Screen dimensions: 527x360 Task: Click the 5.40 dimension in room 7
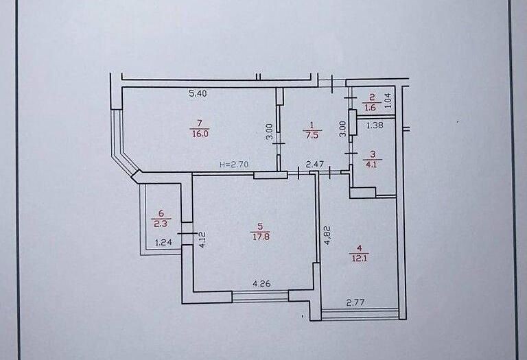pyautogui.click(x=198, y=93)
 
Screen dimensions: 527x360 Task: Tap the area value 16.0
pyautogui.click(x=200, y=134)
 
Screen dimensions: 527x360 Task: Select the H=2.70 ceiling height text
pyautogui.click(x=234, y=165)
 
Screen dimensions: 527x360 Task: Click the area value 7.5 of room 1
pyautogui.click(x=312, y=135)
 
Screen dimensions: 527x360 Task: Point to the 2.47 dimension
pyautogui.click(x=314, y=165)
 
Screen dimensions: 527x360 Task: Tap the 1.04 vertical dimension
pyautogui.click(x=388, y=99)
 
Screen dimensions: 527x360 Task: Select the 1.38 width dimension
pyautogui.click(x=375, y=125)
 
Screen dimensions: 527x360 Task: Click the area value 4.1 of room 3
pyautogui.click(x=372, y=164)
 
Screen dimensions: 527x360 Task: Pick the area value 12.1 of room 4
pyautogui.click(x=359, y=259)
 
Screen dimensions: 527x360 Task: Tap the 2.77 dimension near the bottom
pyautogui.click(x=355, y=303)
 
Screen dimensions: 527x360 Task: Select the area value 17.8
pyautogui.click(x=261, y=237)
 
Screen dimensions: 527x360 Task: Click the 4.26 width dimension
pyautogui.click(x=261, y=284)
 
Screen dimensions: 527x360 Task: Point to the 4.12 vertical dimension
pyautogui.click(x=202, y=240)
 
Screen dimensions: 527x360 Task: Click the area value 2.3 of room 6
pyautogui.click(x=161, y=224)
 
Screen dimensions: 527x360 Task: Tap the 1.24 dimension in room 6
pyautogui.click(x=163, y=242)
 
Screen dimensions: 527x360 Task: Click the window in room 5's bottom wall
pyautogui.click(x=260, y=296)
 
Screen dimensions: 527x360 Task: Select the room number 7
pyautogui.click(x=200, y=123)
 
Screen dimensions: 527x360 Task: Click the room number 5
pyautogui.click(x=261, y=227)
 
